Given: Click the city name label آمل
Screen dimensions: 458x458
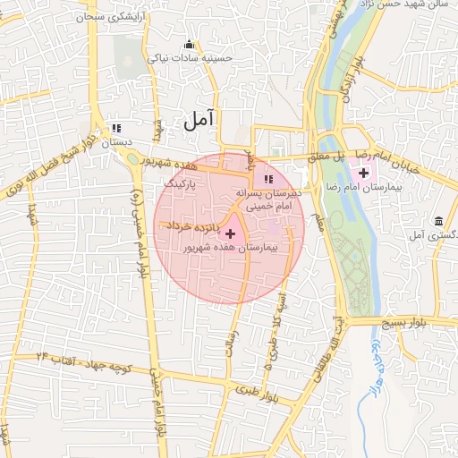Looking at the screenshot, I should pyautogui.click(x=199, y=120).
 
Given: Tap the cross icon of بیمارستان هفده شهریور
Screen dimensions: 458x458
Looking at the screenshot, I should pyautogui.click(x=231, y=233).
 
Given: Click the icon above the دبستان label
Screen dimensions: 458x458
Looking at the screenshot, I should pyautogui.click(x=115, y=128).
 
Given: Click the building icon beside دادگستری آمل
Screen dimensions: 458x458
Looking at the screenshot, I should pyautogui.click(x=438, y=221).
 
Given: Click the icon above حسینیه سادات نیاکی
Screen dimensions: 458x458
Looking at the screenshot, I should pyautogui.click(x=188, y=45).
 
